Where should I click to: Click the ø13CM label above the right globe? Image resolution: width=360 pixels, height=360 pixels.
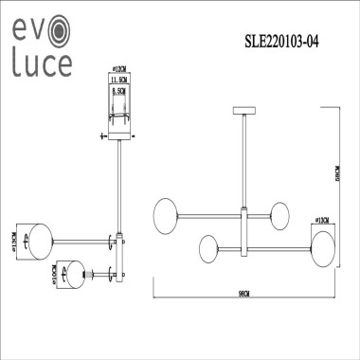322,221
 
